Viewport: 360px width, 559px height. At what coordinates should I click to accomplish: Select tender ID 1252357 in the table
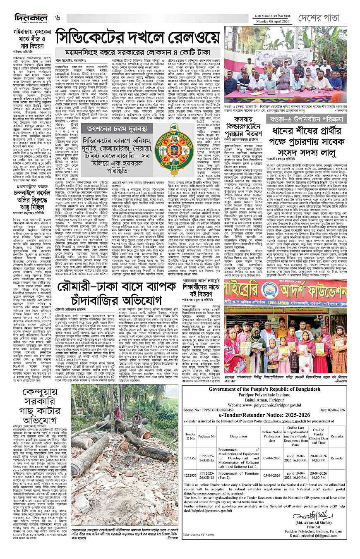click(x=191, y=457)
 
